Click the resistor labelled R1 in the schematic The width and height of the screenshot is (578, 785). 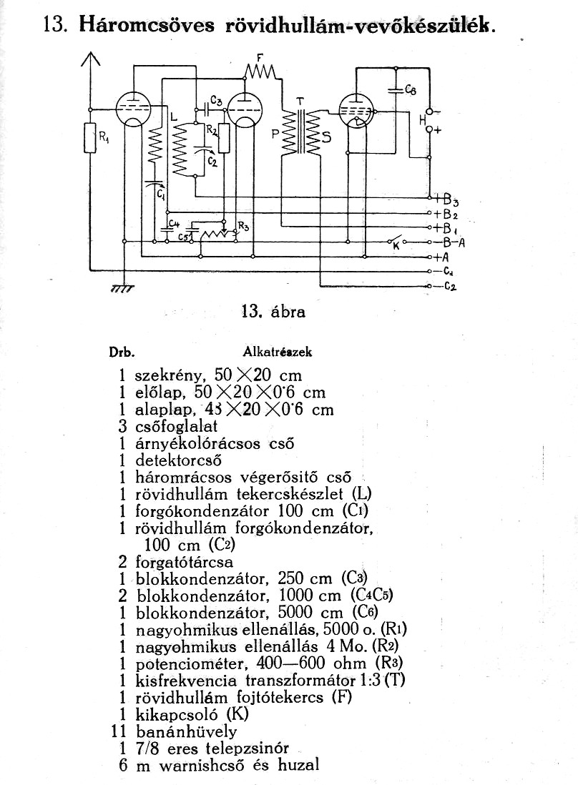90,137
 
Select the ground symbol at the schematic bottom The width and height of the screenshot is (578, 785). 123,289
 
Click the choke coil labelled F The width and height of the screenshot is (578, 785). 260,71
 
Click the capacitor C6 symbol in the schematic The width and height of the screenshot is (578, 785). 395,90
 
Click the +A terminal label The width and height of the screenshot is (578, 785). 442,257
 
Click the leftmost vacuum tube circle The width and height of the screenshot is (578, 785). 133,109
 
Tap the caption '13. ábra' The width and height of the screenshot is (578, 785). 273,312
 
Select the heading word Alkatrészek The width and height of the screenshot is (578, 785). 277,352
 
